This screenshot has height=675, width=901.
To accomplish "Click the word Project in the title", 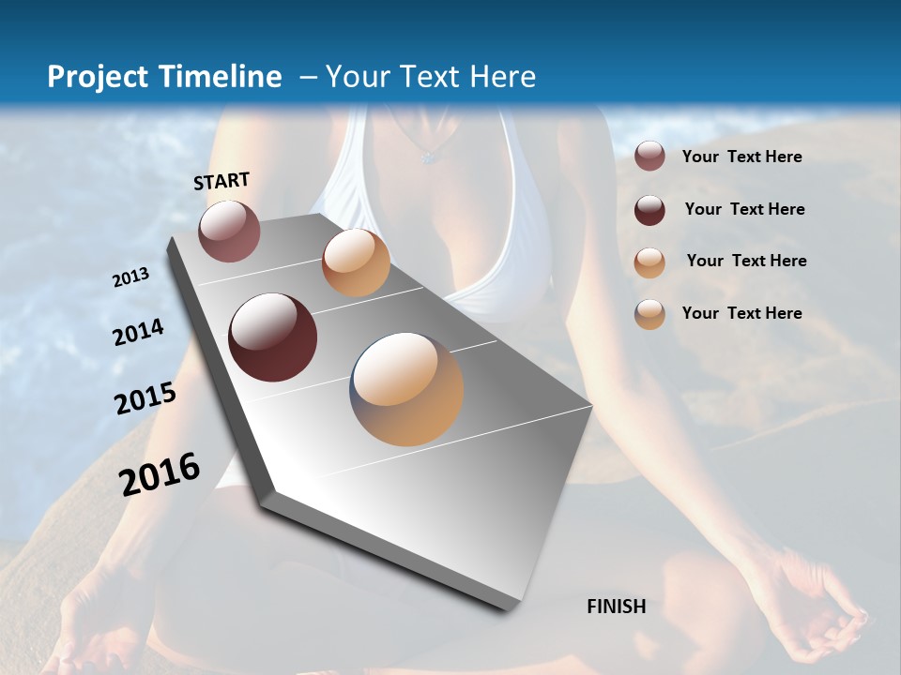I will pyautogui.click(x=97, y=77).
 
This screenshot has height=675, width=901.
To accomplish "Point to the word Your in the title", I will pyautogui.click(x=356, y=77).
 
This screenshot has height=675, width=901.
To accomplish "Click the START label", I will pyautogui.click(x=221, y=181).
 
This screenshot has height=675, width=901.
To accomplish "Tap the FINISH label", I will pyautogui.click(x=617, y=607).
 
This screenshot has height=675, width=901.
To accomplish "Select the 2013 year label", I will pyautogui.click(x=131, y=277).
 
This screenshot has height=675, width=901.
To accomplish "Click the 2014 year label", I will pyautogui.click(x=138, y=333).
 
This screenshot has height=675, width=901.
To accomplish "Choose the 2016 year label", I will pyautogui.click(x=159, y=474).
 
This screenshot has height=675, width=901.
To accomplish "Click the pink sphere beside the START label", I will pyautogui.click(x=229, y=231).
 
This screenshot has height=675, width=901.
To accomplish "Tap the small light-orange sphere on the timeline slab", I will pyautogui.click(x=356, y=262).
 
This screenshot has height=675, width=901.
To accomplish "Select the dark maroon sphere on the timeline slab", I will pyautogui.click(x=273, y=337).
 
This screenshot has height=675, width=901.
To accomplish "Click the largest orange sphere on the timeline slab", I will pyautogui.click(x=406, y=389).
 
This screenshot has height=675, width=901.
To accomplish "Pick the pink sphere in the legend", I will pyautogui.click(x=649, y=157).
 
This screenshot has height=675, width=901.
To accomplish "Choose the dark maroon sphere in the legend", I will pyautogui.click(x=649, y=209).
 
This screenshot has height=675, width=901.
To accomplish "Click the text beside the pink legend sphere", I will pyautogui.click(x=741, y=157).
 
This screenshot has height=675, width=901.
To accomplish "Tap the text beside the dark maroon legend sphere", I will pyautogui.click(x=744, y=209).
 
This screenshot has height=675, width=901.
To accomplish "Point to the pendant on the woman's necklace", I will pyautogui.click(x=430, y=157).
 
